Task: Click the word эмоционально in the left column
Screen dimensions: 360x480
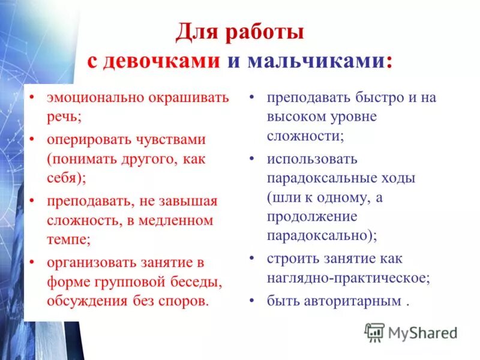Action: (x=90, y=98)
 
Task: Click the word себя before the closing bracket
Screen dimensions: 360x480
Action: (x=63, y=178)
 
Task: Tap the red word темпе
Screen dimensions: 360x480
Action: (x=67, y=238)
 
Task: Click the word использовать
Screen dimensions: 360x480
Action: (x=312, y=159)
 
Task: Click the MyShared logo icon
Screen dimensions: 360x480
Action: (x=375, y=331)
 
